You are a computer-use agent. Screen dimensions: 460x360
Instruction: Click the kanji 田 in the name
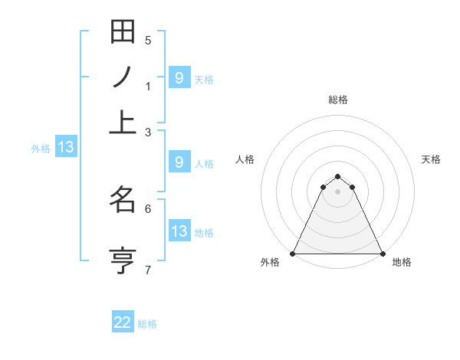click(x=123, y=32)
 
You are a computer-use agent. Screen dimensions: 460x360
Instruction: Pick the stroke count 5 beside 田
click(x=148, y=41)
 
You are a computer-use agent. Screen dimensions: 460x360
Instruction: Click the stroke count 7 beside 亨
click(x=148, y=270)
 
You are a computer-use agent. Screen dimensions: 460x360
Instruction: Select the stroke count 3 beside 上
click(x=148, y=133)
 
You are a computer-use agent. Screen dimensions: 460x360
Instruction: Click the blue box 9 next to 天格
click(x=179, y=77)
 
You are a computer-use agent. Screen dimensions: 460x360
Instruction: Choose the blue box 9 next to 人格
click(x=179, y=162)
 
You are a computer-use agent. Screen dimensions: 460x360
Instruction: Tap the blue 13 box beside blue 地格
click(x=179, y=231)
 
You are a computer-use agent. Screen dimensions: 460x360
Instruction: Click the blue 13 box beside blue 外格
click(x=65, y=147)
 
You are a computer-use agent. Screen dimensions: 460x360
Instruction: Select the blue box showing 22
click(x=123, y=322)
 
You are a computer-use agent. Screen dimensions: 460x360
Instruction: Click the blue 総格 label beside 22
click(x=147, y=324)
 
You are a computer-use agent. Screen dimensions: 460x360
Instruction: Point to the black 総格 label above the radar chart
click(x=338, y=100)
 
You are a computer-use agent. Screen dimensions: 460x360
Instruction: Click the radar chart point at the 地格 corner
click(x=382, y=253)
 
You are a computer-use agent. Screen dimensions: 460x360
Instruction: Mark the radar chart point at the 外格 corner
click(x=294, y=253)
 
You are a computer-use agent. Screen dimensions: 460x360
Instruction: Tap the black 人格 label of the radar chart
click(x=245, y=159)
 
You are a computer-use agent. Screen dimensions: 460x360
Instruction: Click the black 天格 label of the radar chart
click(x=431, y=159)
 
